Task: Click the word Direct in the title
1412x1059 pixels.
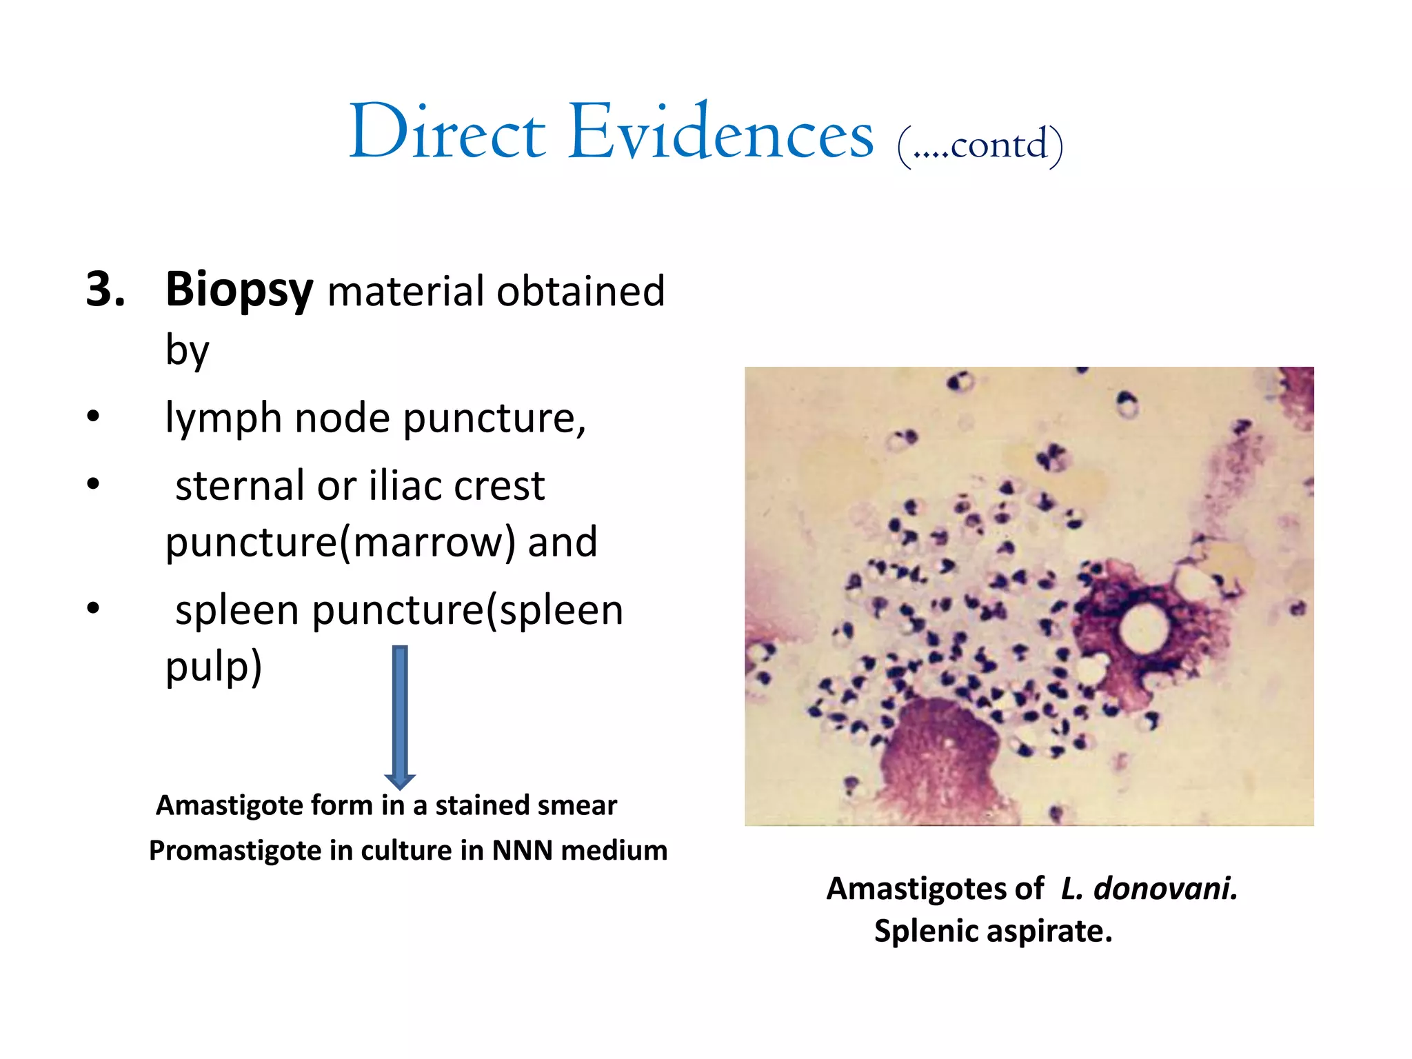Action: point(448,132)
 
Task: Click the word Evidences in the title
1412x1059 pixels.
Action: point(720,132)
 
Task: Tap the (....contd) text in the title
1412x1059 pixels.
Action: point(980,145)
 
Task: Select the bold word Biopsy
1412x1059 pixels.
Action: point(239,290)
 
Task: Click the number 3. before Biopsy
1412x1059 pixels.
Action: point(105,289)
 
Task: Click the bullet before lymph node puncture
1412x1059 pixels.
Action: point(94,416)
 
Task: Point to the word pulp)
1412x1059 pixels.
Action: point(214,667)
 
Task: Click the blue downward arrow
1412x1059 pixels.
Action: point(400,717)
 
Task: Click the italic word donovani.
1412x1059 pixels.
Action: point(1165,889)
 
